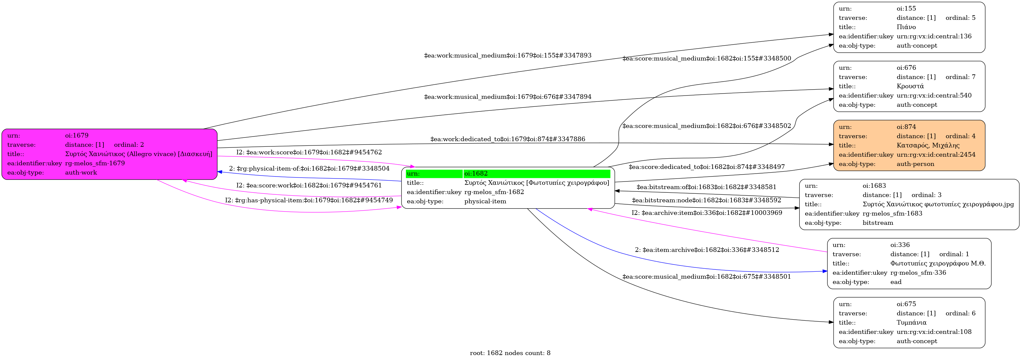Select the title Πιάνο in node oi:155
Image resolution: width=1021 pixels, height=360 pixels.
[x=906, y=27]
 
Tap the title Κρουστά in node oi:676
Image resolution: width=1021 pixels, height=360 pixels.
[x=910, y=86]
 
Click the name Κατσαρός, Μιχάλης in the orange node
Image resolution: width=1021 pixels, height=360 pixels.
[x=928, y=145]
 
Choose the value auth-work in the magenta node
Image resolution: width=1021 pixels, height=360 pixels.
[x=81, y=173]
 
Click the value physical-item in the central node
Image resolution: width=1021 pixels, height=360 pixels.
[x=485, y=201]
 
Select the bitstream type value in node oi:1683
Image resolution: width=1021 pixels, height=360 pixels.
[x=878, y=223]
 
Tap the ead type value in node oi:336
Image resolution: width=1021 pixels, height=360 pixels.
[x=896, y=282]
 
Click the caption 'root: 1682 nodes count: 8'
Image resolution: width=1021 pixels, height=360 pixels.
[x=510, y=353]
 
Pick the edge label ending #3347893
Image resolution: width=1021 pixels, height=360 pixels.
[x=507, y=56]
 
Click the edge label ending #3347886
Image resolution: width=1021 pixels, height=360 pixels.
[x=507, y=139]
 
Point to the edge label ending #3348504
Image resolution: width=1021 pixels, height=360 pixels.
[x=309, y=169]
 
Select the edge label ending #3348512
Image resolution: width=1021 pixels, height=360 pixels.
[x=707, y=250]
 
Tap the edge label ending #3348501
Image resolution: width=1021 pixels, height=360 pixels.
[x=706, y=277]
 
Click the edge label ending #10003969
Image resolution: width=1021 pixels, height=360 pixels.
[x=707, y=213]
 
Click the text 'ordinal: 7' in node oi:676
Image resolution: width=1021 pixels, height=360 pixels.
[x=961, y=77]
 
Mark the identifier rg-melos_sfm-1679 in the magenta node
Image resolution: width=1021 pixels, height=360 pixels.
[x=95, y=163]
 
